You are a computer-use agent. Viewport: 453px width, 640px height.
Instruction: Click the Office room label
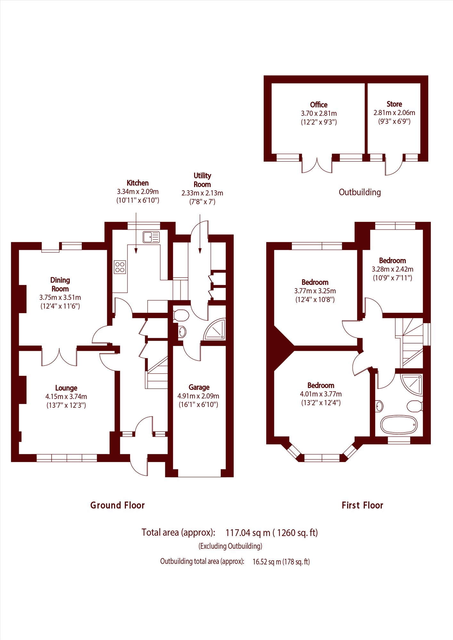point(318,105)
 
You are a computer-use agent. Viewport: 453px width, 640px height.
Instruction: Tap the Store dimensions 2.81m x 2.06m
point(394,113)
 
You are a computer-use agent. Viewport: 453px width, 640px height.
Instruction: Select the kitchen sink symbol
point(151,237)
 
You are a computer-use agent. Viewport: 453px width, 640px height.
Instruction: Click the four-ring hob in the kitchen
point(120,267)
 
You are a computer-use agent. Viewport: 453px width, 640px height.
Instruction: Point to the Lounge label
point(66,388)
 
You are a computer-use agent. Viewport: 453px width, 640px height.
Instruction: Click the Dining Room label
point(60,284)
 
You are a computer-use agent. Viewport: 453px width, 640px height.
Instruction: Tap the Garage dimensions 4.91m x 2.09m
point(198,396)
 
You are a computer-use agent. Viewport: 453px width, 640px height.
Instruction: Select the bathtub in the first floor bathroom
point(399,425)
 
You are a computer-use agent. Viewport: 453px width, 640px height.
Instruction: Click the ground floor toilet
point(181,315)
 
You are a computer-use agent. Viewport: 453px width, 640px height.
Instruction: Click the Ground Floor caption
point(117,505)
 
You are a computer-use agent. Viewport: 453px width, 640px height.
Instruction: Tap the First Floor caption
point(362,505)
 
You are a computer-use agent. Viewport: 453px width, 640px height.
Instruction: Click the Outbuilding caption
point(359,192)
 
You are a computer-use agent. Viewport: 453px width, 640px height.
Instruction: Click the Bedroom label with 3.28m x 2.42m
point(392,261)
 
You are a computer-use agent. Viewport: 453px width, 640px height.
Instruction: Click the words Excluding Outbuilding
point(230,546)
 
